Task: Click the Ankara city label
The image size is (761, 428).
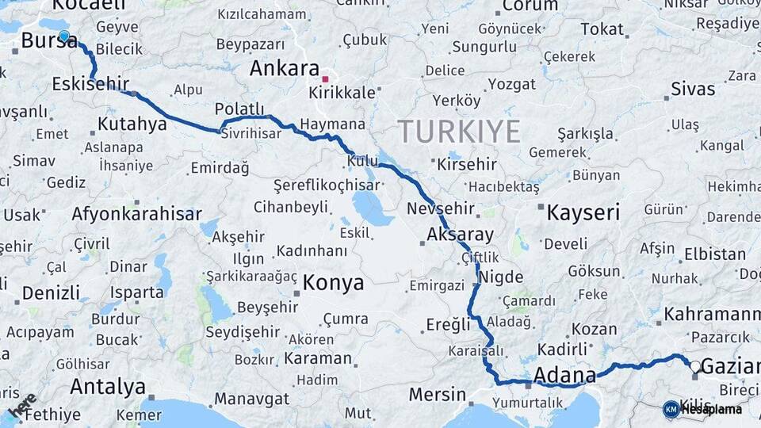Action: click(x=284, y=68)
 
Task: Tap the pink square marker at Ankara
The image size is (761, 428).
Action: click(x=325, y=79)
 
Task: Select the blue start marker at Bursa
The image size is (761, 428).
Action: click(x=64, y=36)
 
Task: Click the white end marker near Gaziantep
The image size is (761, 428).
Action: click(x=694, y=366)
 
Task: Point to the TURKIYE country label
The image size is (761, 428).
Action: click(x=459, y=131)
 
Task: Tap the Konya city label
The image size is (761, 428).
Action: click(x=333, y=283)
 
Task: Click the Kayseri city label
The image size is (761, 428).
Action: click(x=583, y=212)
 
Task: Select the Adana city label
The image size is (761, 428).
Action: click(x=565, y=375)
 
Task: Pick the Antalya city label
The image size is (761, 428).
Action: click(x=108, y=387)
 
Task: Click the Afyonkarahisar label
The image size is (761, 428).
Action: click(x=136, y=214)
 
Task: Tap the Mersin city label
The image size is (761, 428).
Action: click(x=437, y=394)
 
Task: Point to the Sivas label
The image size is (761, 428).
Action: click(x=692, y=89)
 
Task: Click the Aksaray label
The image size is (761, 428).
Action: click(x=460, y=235)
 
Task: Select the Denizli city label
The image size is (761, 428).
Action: click(x=51, y=292)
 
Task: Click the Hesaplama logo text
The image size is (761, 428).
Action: click(x=710, y=410)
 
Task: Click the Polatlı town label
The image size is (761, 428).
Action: click(x=239, y=109)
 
